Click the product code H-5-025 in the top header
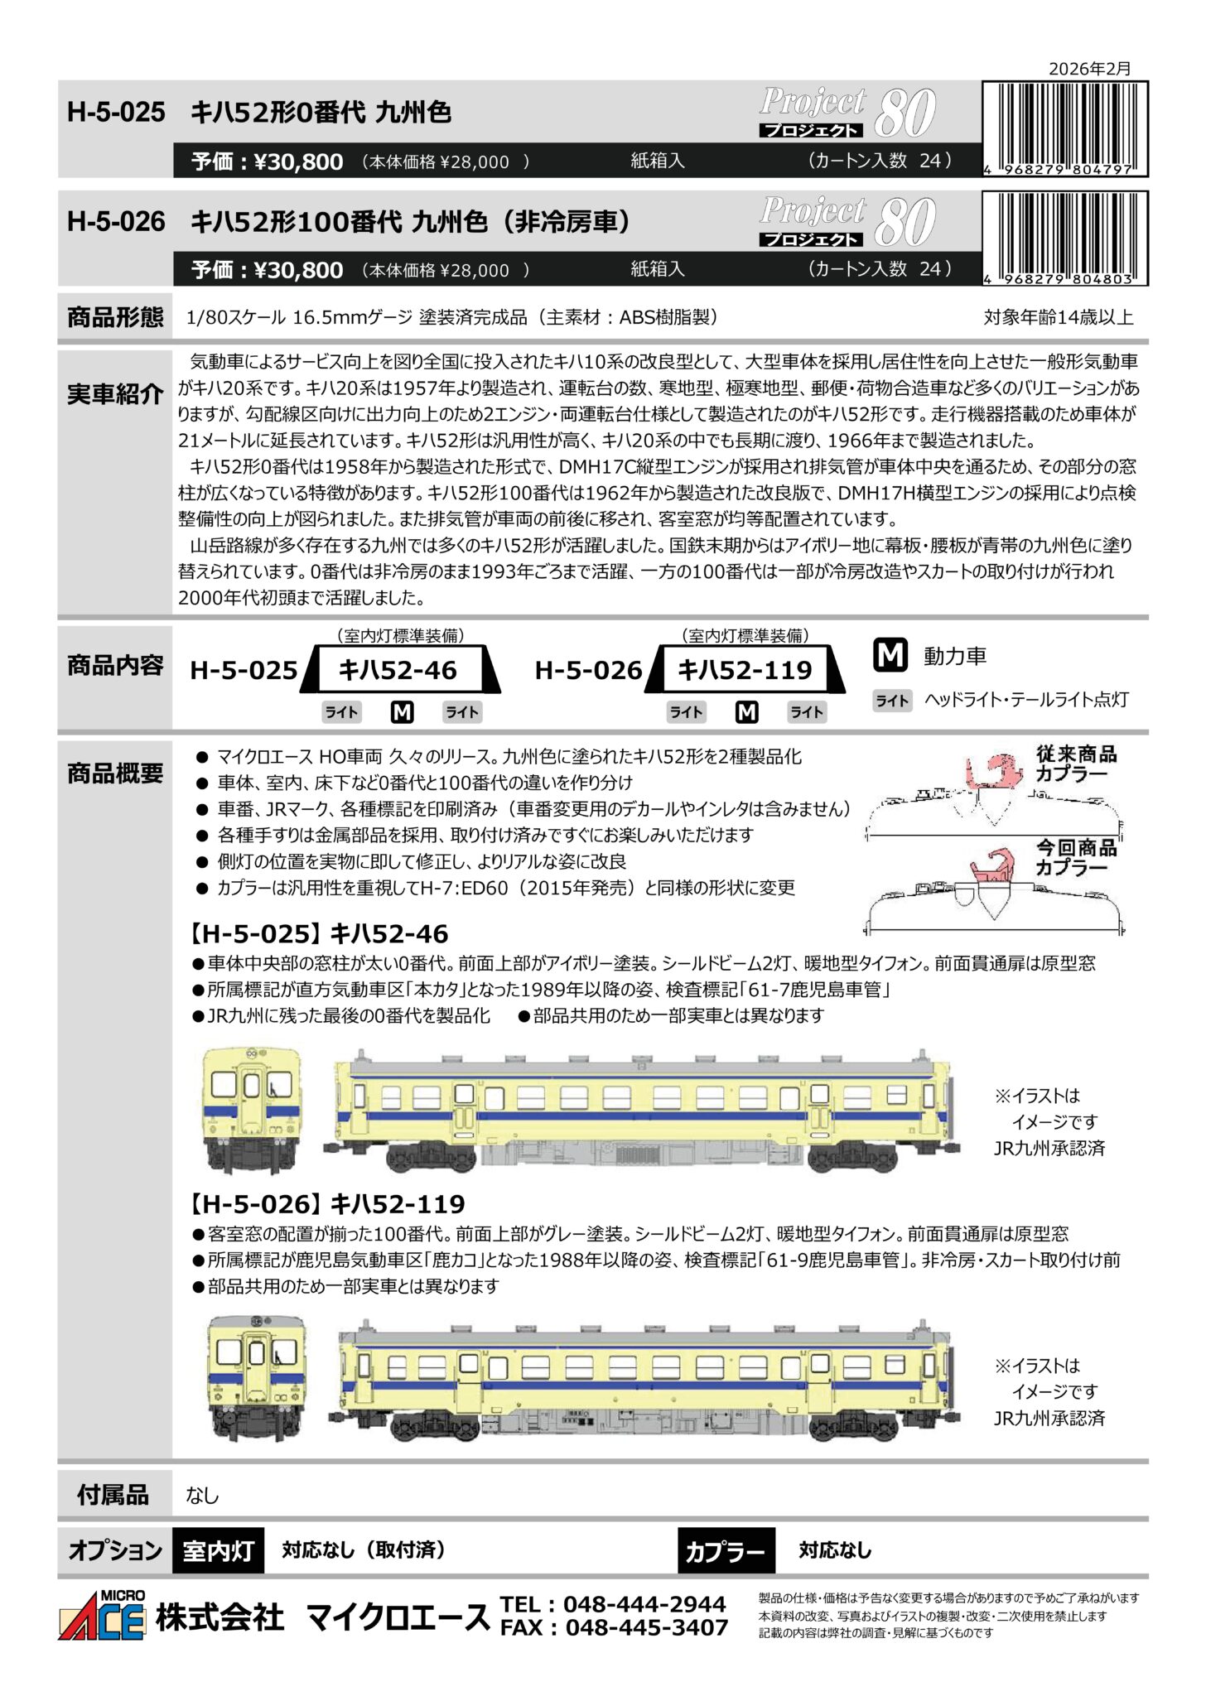pos(116,112)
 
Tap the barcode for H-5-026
pos(1065,239)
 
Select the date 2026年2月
pos(1089,69)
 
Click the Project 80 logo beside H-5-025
pos(848,113)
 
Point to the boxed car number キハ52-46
pos(398,669)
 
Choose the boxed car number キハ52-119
pos(745,669)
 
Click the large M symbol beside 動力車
pos(890,655)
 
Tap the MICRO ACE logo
pos(102,1615)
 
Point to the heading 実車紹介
pos(115,393)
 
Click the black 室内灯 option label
pos(219,1550)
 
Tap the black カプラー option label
pos(726,1550)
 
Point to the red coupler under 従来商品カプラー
pos(994,772)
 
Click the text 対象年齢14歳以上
pos(1058,317)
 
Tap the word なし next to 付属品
pos(203,1496)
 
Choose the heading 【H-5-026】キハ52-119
pos(327,1204)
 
